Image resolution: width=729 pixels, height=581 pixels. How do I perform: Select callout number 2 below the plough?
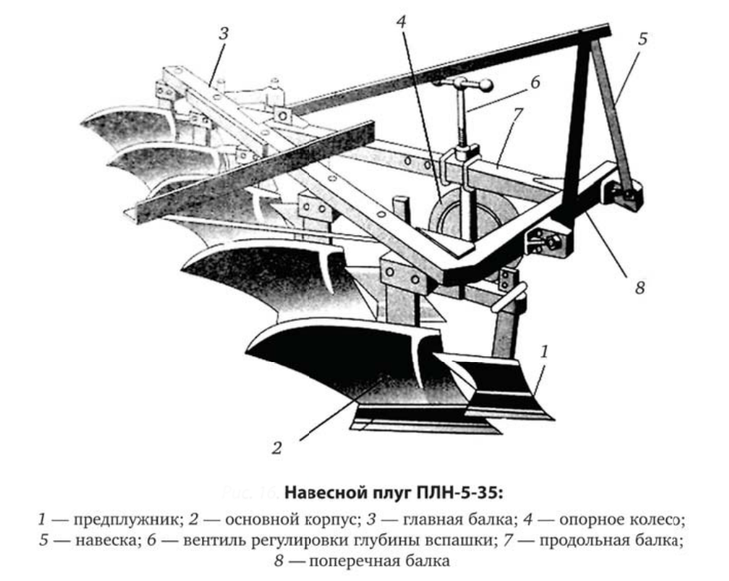276,448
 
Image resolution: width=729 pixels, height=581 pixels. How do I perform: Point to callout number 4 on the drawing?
401,21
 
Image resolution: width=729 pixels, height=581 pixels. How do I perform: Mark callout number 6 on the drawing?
535,83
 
